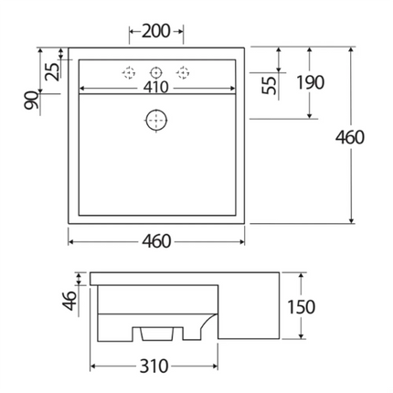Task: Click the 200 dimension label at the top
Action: click(x=156, y=32)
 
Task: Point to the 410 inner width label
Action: click(x=157, y=89)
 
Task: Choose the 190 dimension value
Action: click(x=311, y=82)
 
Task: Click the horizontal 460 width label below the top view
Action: click(x=157, y=241)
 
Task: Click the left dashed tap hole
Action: click(x=129, y=71)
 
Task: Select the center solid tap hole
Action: click(x=156, y=71)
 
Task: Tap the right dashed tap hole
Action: click(x=184, y=71)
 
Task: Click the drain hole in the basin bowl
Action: click(x=157, y=119)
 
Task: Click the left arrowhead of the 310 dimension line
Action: click(x=94, y=366)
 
